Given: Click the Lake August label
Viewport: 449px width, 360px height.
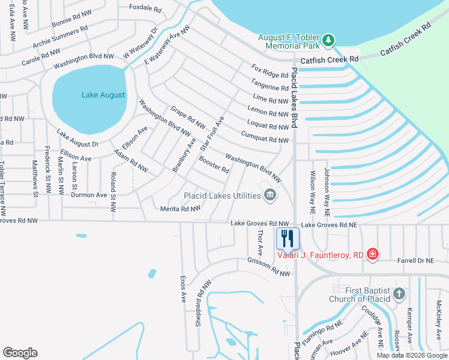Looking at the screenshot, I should (x=104, y=95).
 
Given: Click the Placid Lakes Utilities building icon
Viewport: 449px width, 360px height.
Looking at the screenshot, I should (x=270, y=194).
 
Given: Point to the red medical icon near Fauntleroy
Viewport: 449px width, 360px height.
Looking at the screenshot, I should (x=373, y=254).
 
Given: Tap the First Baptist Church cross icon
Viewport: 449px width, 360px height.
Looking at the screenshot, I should (x=399, y=294).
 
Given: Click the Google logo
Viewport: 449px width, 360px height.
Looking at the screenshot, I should (x=20, y=353).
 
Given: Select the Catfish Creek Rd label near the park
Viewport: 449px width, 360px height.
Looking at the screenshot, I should (x=329, y=59).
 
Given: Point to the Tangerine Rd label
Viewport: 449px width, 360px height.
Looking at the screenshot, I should (x=270, y=86).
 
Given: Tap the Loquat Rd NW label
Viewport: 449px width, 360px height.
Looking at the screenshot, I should (x=268, y=127).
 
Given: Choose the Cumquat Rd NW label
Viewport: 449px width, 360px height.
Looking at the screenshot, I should (x=265, y=139).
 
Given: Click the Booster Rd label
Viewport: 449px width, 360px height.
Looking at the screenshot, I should (x=214, y=165).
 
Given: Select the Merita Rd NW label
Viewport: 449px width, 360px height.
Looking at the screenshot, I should (x=181, y=209).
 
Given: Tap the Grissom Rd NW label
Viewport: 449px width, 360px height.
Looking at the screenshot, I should (x=268, y=267).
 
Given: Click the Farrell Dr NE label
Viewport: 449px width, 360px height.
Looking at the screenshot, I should (x=415, y=260).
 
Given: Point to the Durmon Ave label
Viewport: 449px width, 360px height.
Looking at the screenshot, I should (x=89, y=195).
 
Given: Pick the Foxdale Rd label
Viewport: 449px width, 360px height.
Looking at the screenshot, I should (x=145, y=9).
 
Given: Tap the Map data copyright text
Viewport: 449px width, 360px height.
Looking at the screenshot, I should (x=412, y=355).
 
